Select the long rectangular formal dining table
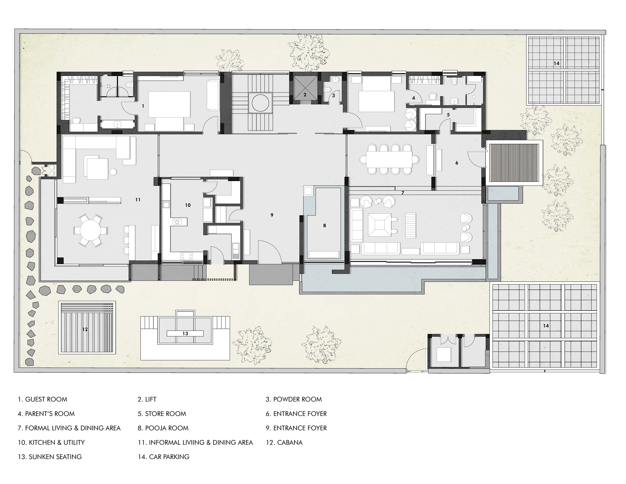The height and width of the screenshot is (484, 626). (389, 159)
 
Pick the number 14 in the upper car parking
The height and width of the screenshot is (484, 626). (556, 63)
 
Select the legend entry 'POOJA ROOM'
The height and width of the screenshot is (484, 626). (167, 428)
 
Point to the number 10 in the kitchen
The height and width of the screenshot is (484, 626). (188, 205)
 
